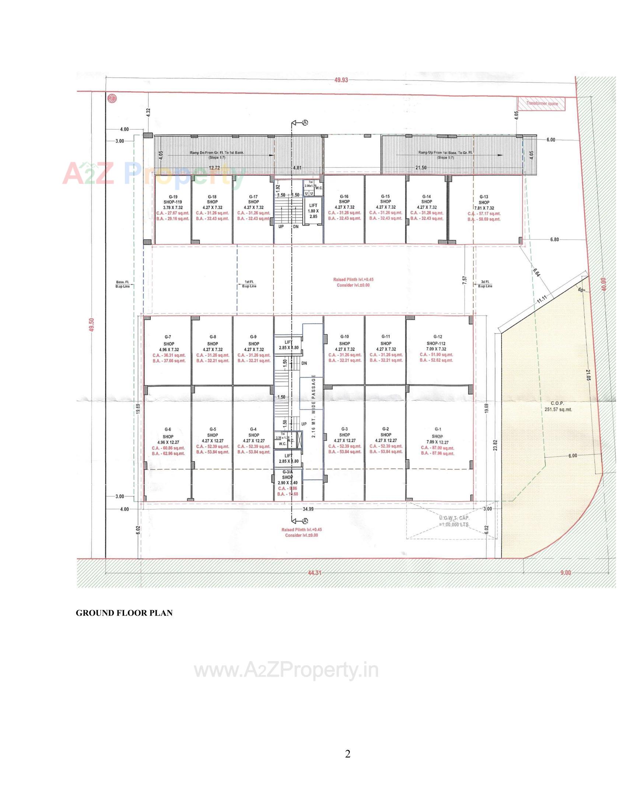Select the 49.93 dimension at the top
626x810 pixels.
341,80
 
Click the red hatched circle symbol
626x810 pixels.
111,98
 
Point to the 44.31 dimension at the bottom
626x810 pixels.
314,573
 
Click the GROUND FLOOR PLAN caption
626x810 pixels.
124,613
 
